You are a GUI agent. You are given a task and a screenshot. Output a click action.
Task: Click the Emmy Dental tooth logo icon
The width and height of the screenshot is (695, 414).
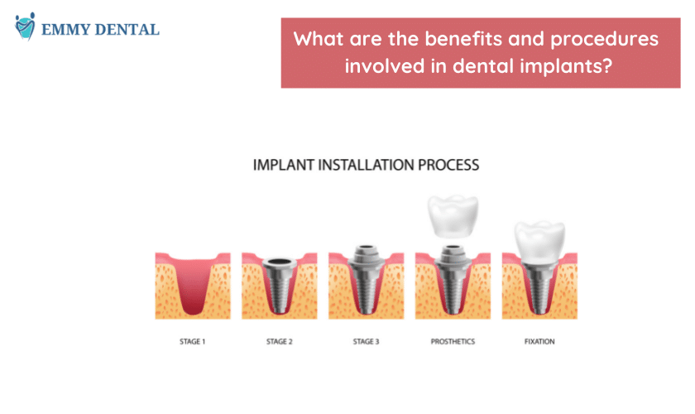25,26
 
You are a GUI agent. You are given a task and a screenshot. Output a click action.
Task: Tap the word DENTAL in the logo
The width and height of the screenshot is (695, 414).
127,30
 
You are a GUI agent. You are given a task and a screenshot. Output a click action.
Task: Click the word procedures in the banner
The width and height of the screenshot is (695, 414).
605,40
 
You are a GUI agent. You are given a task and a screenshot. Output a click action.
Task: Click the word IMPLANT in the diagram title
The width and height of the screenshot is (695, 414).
284,165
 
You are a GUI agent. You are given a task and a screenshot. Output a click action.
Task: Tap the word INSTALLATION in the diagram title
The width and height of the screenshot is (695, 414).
366,165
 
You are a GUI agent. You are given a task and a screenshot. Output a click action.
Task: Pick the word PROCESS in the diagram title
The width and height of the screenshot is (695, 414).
448,165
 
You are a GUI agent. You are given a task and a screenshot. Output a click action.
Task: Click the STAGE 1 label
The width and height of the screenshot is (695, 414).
192,341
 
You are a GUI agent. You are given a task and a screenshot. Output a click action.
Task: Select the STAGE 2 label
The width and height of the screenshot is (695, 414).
280,341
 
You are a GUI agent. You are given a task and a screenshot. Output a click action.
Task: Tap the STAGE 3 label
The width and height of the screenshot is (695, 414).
366,341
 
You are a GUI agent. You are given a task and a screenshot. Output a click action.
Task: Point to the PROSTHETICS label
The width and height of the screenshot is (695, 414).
453,341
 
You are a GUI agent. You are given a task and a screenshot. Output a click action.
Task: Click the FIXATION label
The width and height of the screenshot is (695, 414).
539,341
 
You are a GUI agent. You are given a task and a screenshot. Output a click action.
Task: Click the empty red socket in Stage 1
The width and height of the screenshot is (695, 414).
193,284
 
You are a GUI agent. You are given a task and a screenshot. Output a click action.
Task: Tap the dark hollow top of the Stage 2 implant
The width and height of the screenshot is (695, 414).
280,262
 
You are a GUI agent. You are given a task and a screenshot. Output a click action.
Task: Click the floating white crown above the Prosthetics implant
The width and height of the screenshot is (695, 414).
453,216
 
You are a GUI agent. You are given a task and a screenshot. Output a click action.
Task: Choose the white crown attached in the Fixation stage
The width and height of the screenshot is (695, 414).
539,242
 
